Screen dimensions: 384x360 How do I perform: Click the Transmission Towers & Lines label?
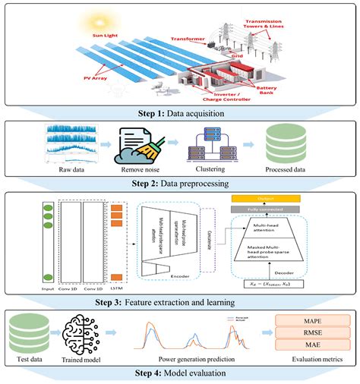coord(321,17)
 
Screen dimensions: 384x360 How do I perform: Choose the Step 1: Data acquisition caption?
coord(180,112)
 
